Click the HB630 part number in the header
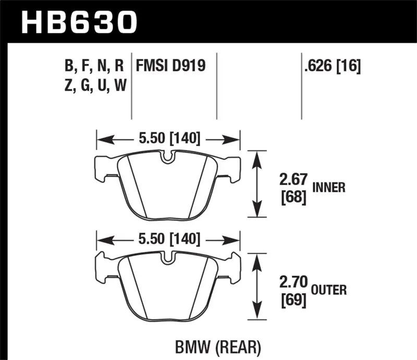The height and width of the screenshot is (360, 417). click(78, 22)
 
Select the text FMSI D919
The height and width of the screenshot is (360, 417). click(170, 66)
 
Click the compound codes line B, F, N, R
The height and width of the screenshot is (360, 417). click(94, 66)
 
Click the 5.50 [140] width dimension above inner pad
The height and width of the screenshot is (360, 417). click(167, 139)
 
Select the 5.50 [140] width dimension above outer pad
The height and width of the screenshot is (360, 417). click(167, 239)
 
